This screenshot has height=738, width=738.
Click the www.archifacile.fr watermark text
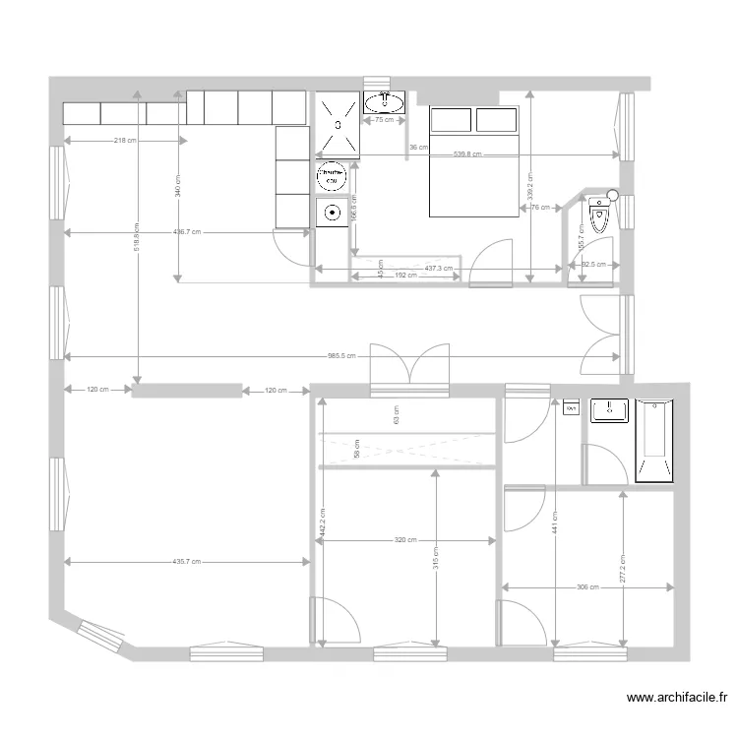[x=678, y=698]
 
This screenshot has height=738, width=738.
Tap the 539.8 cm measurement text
[x=467, y=154]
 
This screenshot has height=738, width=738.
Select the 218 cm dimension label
[x=125, y=141]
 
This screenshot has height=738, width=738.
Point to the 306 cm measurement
[x=587, y=587]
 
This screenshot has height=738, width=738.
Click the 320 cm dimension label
[x=404, y=539]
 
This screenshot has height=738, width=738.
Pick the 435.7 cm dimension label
[x=186, y=562]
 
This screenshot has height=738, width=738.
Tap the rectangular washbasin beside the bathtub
[x=610, y=410]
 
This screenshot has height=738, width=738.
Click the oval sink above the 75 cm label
[x=383, y=101]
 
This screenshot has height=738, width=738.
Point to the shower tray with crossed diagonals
[x=338, y=124]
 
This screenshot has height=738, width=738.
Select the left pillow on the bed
[x=451, y=120]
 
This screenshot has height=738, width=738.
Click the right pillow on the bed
[x=497, y=120]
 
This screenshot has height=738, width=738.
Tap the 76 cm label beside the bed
[x=539, y=208]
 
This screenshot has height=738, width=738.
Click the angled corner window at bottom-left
[x=99, y=637]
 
